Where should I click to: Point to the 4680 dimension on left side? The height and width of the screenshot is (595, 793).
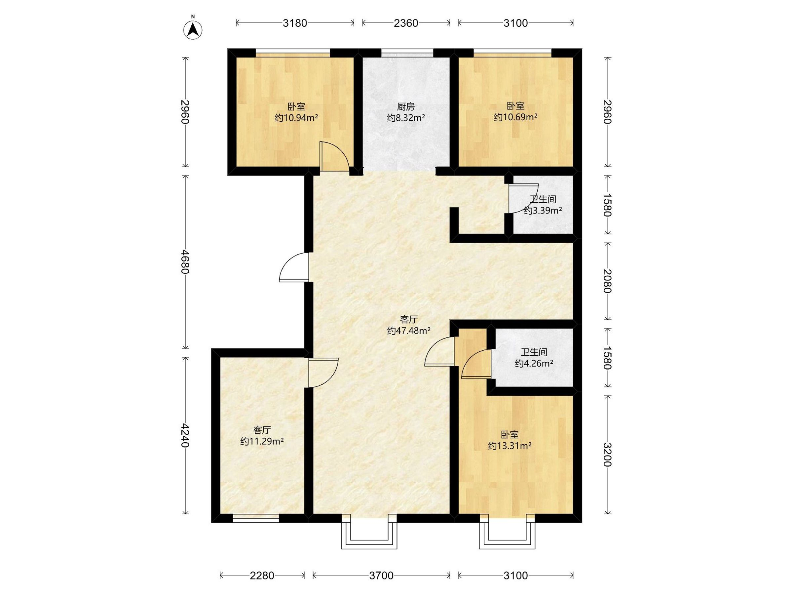click(x=185, y=262)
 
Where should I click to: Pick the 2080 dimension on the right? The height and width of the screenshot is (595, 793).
click(x=606, y=281)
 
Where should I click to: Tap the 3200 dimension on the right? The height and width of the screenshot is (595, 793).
click(x=606, y=455)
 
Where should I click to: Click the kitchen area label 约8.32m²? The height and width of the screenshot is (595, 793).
click(x=406, y=118)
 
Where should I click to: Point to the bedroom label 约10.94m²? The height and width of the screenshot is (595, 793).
click(x=296, y=118)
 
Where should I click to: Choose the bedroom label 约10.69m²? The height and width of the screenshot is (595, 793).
click(x=515, y=117)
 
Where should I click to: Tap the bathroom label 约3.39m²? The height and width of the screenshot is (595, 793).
click(x=543, y=210)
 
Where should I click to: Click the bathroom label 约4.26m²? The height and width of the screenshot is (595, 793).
click(x=534, y=363)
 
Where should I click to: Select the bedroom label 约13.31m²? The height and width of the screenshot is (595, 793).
click(x=510, y=446)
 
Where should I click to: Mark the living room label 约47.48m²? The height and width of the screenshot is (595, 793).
click(x=409, y=331)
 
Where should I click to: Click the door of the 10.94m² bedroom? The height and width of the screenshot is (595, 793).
click(x=334, y=156)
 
